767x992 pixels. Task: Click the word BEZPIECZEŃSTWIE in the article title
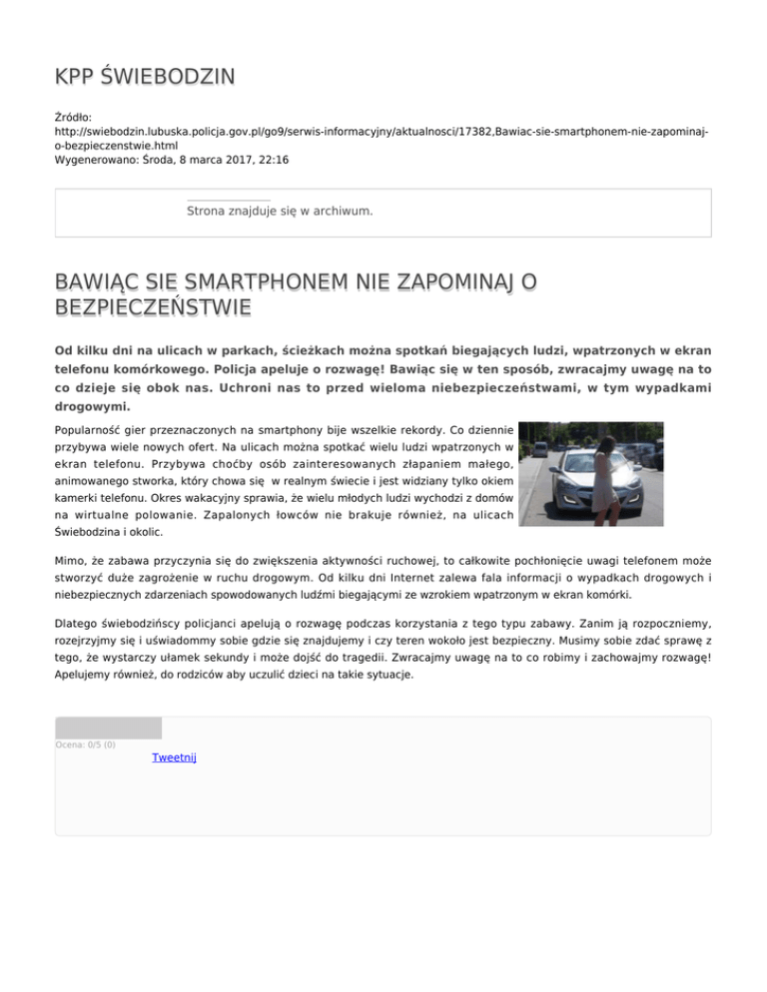pos(153,305)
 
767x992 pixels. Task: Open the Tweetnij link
pos(174,757)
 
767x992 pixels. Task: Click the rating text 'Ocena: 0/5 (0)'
pos(85,744)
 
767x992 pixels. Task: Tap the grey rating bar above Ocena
pos(108,728)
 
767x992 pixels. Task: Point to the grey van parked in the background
pos(539,448)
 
